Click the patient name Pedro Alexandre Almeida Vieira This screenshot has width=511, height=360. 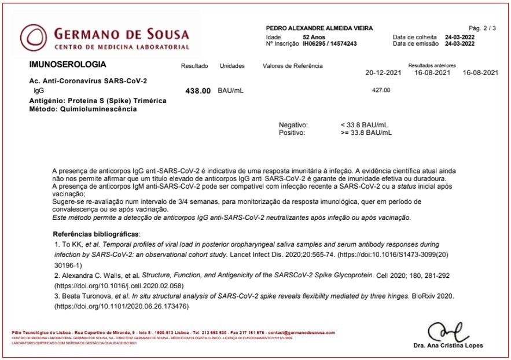(x=319, y=28)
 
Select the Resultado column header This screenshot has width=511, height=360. (x=194, y=66)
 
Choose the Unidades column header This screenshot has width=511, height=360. (x=232, y=66)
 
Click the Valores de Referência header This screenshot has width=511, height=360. (x=292, y=66)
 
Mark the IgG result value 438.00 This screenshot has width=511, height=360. (x=197, y=91)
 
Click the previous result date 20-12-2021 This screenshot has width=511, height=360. (x=383, y=73)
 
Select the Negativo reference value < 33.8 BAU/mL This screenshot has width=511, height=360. (x=365, y=124)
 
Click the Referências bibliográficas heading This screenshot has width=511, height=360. (x=96, y=234)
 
